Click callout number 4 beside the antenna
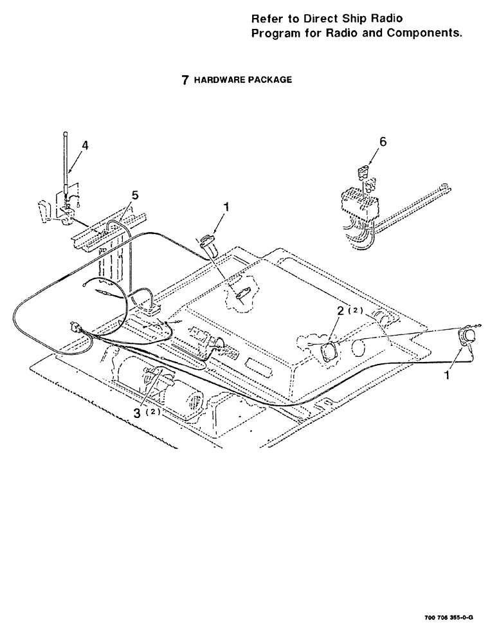coord(86,145)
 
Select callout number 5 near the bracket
coord(135,194)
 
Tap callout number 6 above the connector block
coord(383,143)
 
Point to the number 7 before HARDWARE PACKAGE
coord(185,80)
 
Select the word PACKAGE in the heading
coord(269,80)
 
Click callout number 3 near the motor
coord(138,411)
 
